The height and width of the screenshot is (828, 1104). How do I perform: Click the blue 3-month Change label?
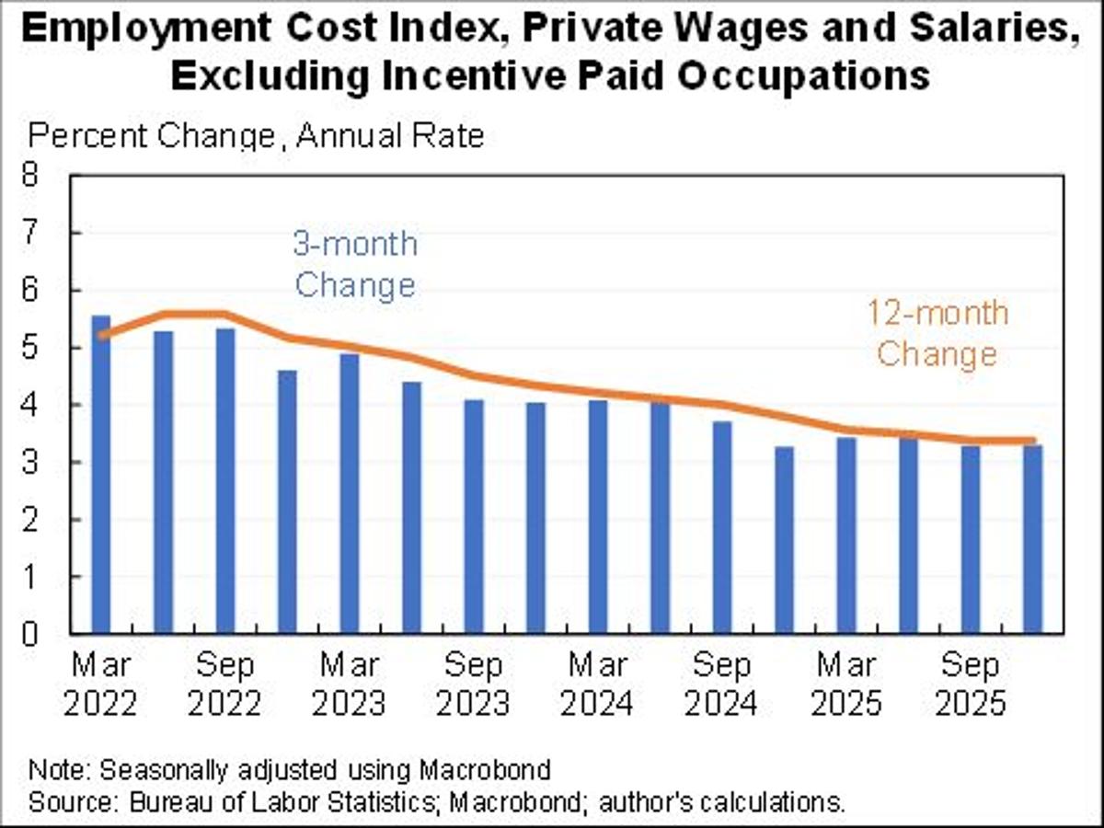tap(354, 265)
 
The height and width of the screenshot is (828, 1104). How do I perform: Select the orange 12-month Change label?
tap(937, 333)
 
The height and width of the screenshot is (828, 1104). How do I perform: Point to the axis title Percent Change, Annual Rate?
tap(256, 136)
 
